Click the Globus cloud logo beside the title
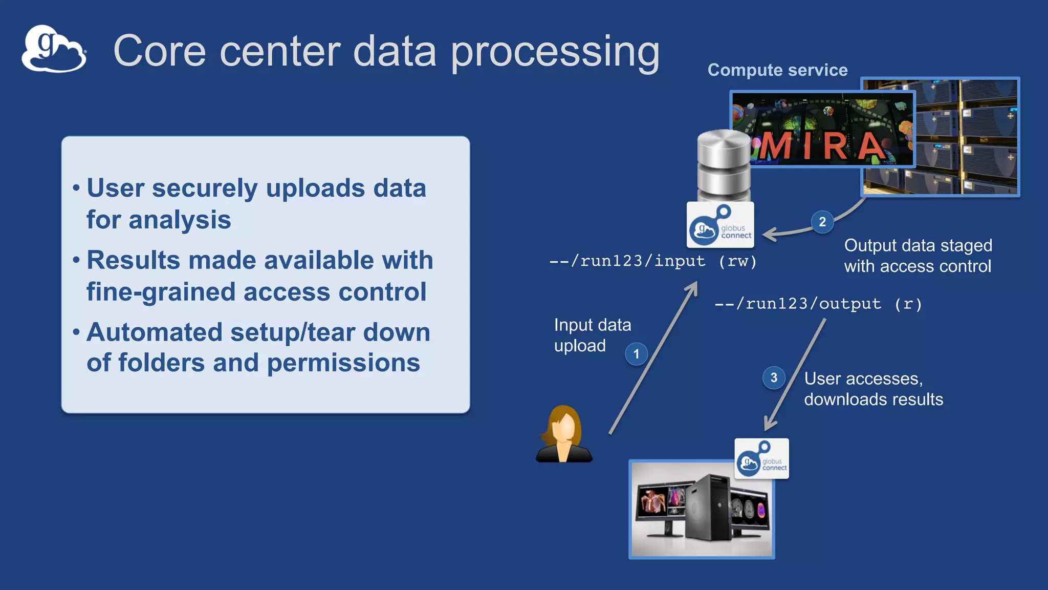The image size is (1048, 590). [53, 50]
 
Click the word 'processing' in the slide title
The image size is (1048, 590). [555, 52]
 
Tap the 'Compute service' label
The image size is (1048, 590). [777, 70]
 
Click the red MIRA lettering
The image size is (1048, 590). [822, 146]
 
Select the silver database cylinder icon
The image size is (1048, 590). [724, 165]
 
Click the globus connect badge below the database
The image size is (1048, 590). [720, 225]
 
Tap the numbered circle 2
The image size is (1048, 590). [822, 222]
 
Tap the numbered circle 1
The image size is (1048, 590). [636, 354]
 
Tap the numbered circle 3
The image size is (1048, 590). [774, 378]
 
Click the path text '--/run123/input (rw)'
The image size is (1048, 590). [652, 261]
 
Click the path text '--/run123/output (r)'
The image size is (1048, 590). [818, 304]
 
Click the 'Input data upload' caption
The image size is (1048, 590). [592, 335]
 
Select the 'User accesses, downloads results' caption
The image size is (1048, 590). [873, 389]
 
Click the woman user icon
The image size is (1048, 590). [564, 434]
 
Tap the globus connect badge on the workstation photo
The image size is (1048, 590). [761, 459]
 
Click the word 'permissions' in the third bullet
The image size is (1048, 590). [343, 363]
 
